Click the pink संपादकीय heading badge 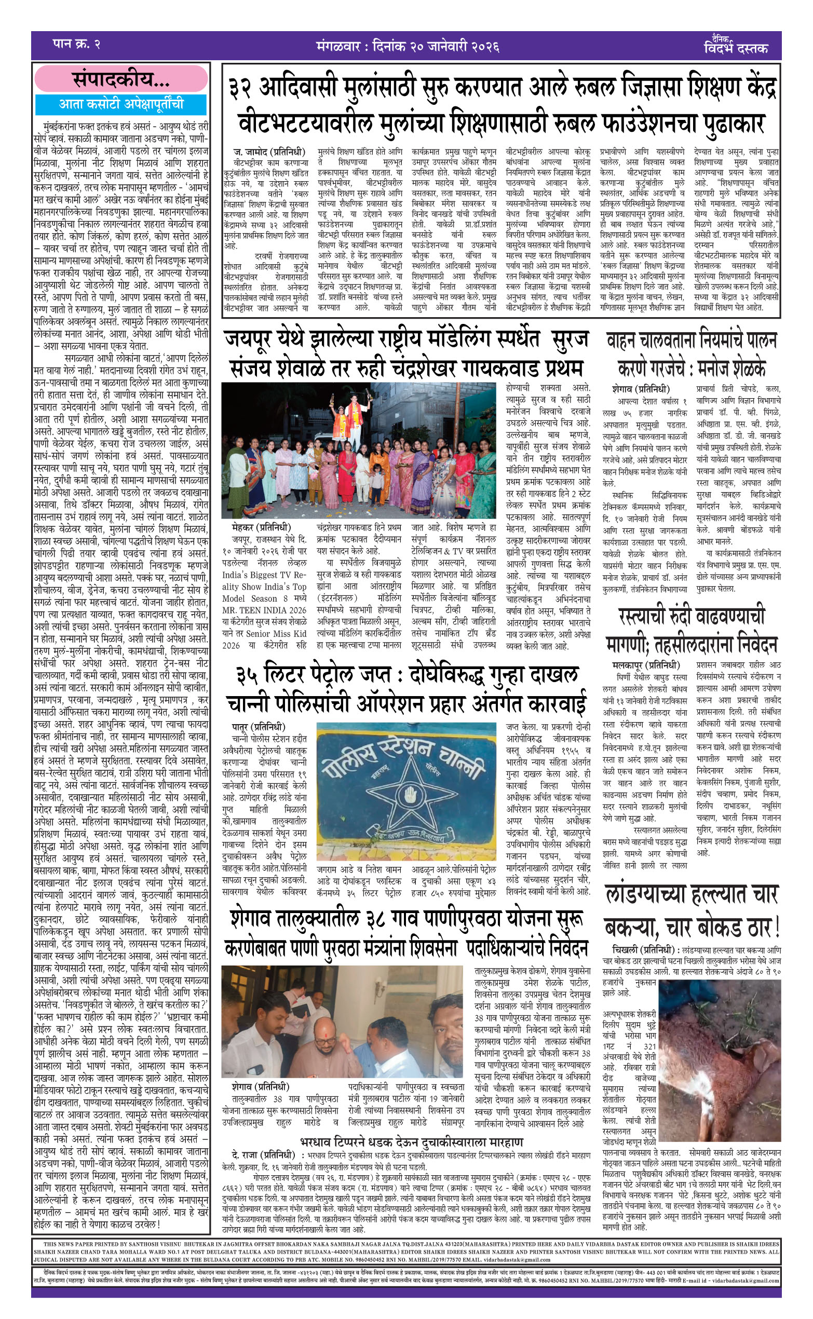click(x=121, y=79)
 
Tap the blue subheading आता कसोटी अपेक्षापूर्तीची click(x=121, y=104)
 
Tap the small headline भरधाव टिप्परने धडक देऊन click(x=411, y=1142)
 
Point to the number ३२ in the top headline click(x=240, y=89)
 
